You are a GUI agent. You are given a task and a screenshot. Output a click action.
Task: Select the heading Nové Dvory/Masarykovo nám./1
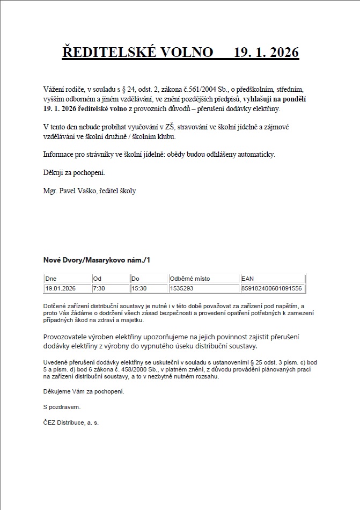pyautogui.click(x=97, y=260)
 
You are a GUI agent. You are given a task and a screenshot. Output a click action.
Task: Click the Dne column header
pyautogui.click(x=51, y=279)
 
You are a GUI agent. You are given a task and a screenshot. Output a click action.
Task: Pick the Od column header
pyautogui.click(x=97, y=279)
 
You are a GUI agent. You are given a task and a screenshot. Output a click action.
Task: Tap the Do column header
pyautogui.click(x=135, y=279)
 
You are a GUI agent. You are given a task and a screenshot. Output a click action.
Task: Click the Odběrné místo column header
pyautogui.click(x=190, y=279)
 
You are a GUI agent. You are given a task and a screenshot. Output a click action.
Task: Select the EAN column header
pyautogui.click(x=248, y=279)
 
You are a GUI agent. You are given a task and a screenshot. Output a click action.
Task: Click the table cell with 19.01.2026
pyautogui.click(x=61, y=288)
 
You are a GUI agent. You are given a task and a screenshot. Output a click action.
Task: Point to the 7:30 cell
pyautogui.click(x=99, y=288)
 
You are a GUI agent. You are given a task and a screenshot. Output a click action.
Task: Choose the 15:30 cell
pyautogui.click(x=139, y=288)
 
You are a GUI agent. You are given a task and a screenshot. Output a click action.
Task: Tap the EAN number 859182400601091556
pyautogui.click(x=271, y=288)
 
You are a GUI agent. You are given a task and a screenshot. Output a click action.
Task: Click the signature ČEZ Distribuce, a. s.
pyautogui.click(x=71, y=422)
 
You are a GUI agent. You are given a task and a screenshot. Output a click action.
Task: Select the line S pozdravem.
pyautogui.click(x=62, y=407)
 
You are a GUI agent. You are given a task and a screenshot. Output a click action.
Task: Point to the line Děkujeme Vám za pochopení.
pyautogui.click(x=83, y=391)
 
